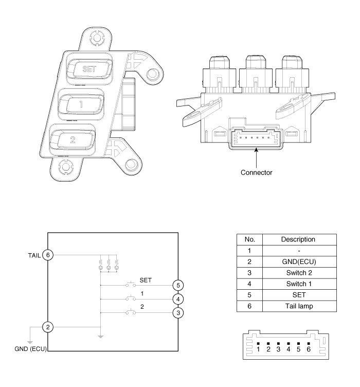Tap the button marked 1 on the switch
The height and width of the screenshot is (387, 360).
click(x=81, y=103)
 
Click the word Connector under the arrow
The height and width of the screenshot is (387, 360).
click(x=257, y=172)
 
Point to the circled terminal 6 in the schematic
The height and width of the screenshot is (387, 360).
click(x=48, y=255)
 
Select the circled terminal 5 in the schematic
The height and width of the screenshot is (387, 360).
click(x=178, y=285)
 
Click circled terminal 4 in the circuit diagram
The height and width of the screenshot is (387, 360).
click(x=178, y=298)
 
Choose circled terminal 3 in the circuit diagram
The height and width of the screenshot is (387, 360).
click(x=178, y=312)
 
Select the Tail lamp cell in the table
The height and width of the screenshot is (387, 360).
click(x=298, y=305)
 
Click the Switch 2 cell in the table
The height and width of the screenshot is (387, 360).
click(x=298, y=272)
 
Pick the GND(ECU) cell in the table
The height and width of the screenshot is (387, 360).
click(x=298, y=261)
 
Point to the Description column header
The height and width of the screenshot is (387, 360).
click(x=298, y=239)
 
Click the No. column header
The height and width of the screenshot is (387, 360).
click(x=249, y=239)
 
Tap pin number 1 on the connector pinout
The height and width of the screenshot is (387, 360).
click(x=258, y=349)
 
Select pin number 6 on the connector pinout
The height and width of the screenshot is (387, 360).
click(x=309, y=349)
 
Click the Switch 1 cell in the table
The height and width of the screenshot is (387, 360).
click(x=298, y=283)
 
